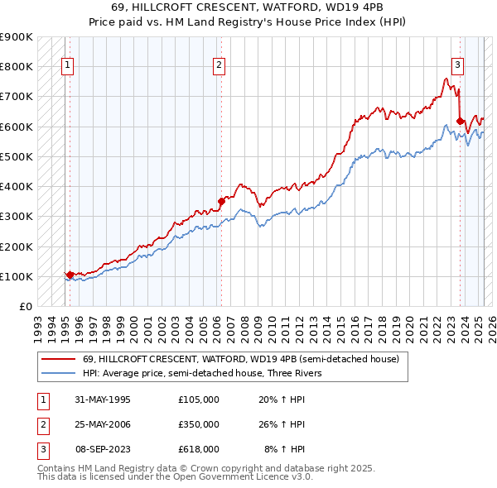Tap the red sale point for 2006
(x=221, y=200)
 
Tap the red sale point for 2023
(x=460, y=121)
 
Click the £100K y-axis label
(x=17, y=276)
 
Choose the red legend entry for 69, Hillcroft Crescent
(x=241, y=359)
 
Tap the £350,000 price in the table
(x=198, y=424)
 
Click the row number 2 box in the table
(x=41, y=424)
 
